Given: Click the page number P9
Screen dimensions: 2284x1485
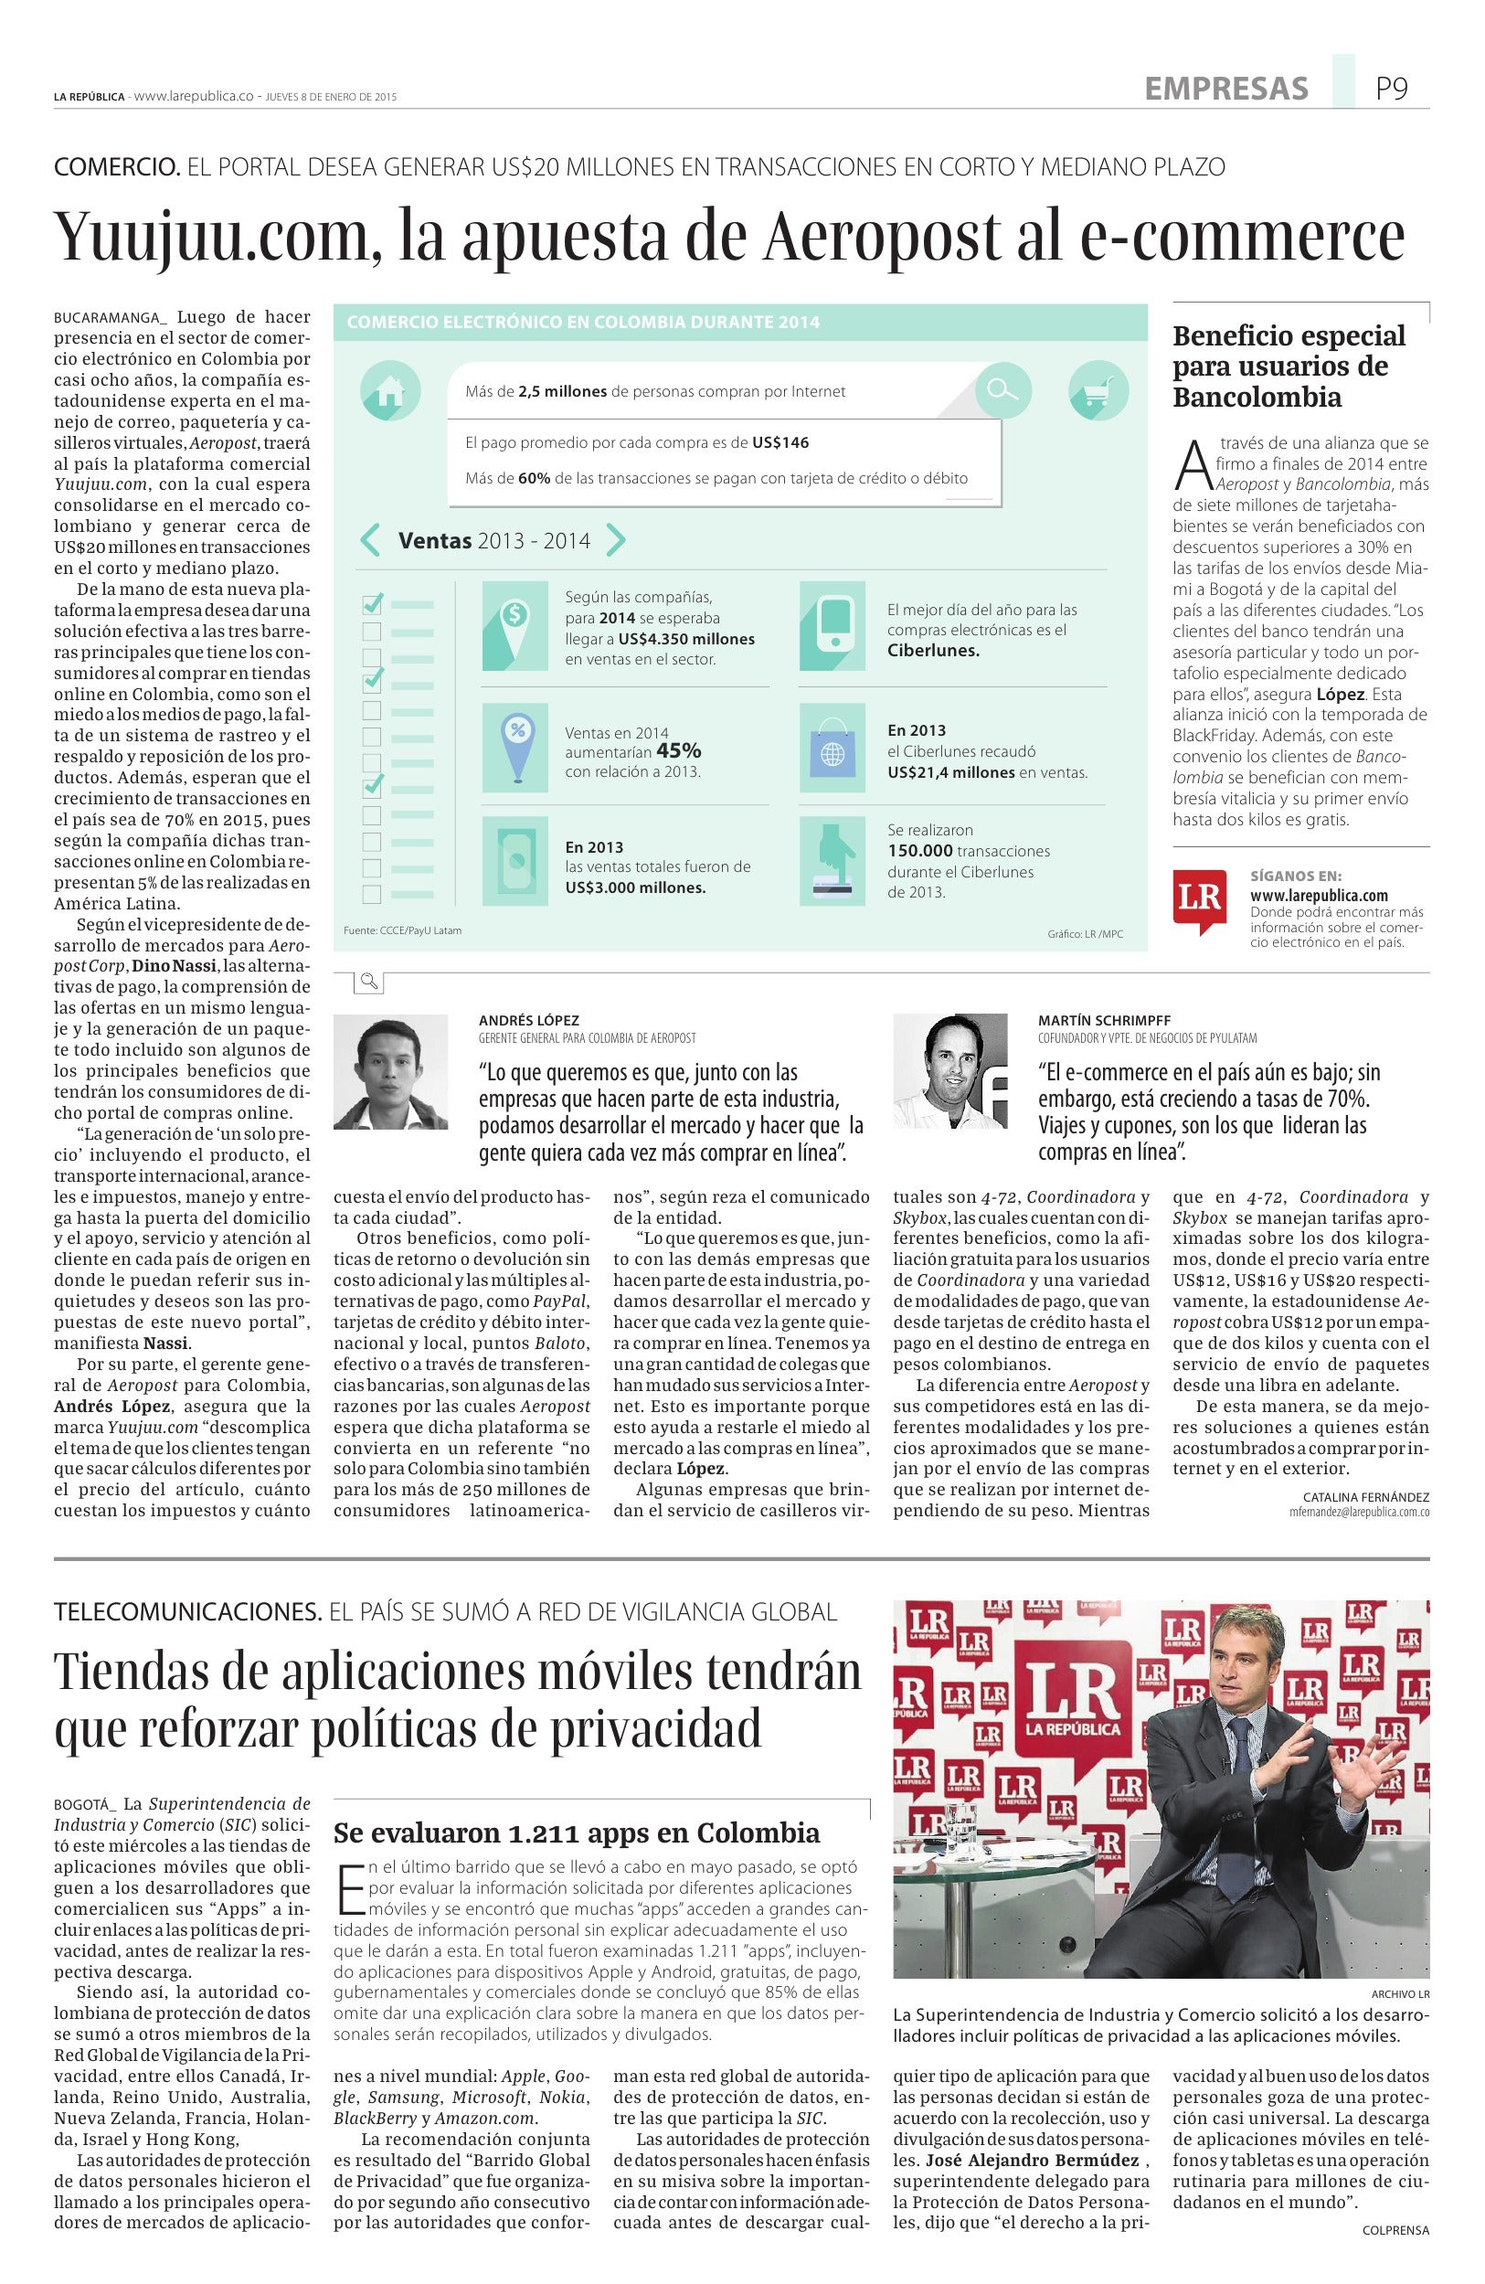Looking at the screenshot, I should pyautogui.click(x=1390, y=90).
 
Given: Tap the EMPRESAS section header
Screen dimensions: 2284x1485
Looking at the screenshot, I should pyautogui.click(x=1226, y=90).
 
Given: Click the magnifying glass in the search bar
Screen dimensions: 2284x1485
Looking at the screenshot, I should pyautogui.click(x=1002, y=388).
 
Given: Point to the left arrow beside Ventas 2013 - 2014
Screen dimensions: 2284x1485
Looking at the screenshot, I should pyautogui.click(x=370, y=540).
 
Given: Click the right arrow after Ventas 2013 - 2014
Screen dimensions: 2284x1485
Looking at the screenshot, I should pyautogui.click(x=616, y=540).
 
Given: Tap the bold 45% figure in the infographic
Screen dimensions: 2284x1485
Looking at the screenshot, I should pyautogui.click(x=678, y=750).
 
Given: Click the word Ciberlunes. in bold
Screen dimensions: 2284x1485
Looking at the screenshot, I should pyautogui.click(x=932, y=651).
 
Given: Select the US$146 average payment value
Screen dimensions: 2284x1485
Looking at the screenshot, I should pyautogui.click(x=780, y=443).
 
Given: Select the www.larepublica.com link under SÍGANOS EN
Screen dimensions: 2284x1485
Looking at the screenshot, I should pyautogui.click(x=1319, y=896).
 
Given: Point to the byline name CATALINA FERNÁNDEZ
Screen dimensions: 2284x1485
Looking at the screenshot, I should pyautogui.click(x=1366, y=1497).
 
